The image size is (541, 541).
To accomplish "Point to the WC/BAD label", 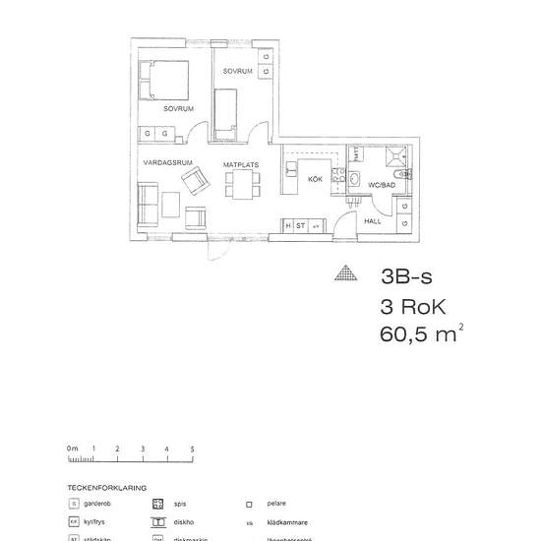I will [x=381, y=185].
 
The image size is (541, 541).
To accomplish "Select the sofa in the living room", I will [x=149, y=203].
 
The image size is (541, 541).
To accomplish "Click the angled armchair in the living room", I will [x=197, y=179].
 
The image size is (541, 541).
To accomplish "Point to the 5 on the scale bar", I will [x=192, y=449].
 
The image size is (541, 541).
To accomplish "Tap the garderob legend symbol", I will [x=74, y=503].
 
